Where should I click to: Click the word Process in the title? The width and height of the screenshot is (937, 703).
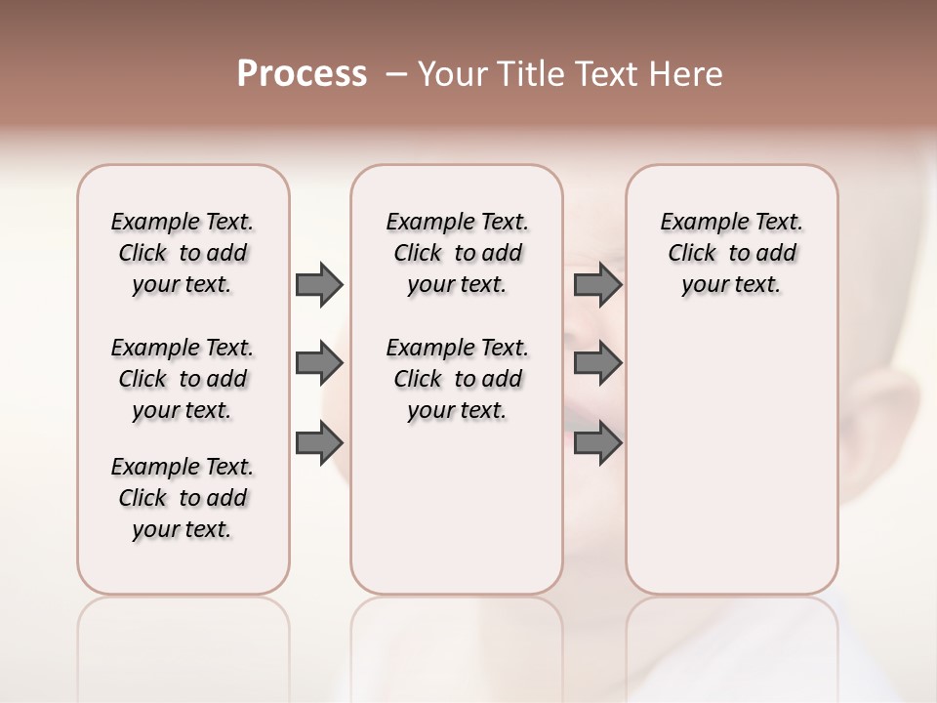tap(302, 74)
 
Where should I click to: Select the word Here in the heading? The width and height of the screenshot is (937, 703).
tap(683, 74)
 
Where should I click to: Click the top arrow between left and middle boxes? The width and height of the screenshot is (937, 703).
tap(318, 284)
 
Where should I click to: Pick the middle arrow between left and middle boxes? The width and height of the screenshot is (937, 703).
tap(318, 364)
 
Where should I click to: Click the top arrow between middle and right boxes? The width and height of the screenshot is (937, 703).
tap(597, 284)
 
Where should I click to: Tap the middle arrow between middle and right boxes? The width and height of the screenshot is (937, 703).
tap(597, 364)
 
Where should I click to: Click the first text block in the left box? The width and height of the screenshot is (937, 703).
tap(183, 253)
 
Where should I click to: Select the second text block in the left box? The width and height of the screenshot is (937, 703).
tap(183, 379)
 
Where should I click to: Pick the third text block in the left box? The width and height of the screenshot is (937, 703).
tap(183, 498)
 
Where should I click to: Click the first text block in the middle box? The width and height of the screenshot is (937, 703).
tap(457, 253)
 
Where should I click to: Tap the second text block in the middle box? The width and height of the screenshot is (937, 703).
tap(457, 379)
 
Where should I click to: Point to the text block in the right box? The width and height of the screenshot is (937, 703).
tap(731, 253)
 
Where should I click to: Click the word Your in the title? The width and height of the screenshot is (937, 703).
tap(449, 74)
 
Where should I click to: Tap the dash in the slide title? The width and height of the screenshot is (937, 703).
tap(396, 74)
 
